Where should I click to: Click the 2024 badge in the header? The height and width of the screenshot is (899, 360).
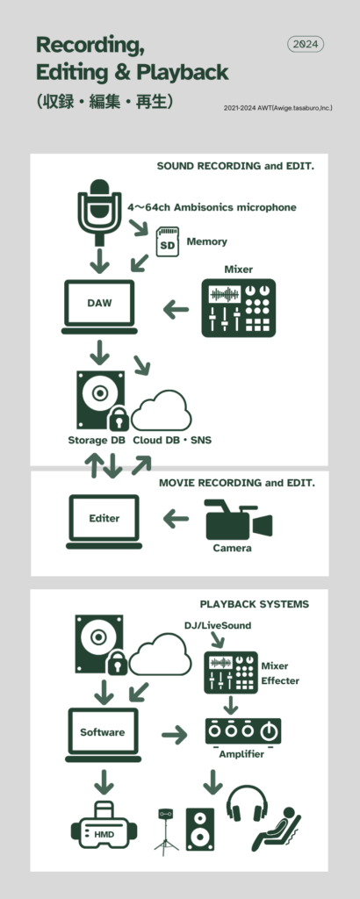click(306, 44)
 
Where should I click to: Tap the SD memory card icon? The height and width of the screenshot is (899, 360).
click(168, 241)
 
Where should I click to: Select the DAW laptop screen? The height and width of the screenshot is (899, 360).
click(100, 303)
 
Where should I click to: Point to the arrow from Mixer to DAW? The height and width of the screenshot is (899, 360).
click(176, 310)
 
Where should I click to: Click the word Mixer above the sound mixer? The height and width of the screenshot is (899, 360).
click(239, 269)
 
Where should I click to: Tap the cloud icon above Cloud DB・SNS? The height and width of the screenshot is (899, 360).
click(162, 410)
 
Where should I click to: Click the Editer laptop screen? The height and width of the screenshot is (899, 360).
click(104, 518)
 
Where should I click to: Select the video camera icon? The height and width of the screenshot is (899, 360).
click(238, 520)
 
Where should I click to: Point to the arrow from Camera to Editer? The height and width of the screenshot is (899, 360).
click(176, 520)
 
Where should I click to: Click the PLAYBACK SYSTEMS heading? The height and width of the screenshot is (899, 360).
click(255, 604)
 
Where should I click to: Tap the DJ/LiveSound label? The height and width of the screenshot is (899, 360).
click(217, 625)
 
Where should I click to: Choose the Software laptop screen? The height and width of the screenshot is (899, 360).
click(104, 732)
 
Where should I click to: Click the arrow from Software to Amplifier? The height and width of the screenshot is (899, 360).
click(174, 735)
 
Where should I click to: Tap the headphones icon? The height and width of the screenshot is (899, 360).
click(247, 802)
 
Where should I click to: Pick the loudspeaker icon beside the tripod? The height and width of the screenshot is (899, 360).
click(200, 829)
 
